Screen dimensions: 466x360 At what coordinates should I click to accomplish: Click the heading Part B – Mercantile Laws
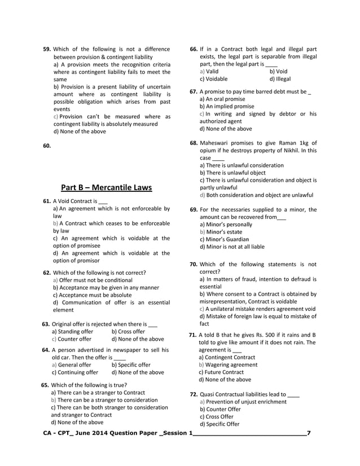click(x=106, y=187)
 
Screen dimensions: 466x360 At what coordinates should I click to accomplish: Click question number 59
click(x=47, y=50)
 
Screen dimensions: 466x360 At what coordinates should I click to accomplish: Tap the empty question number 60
click(x=47, y=146)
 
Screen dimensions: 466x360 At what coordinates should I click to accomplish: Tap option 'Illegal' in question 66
click(x=280, y=79)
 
